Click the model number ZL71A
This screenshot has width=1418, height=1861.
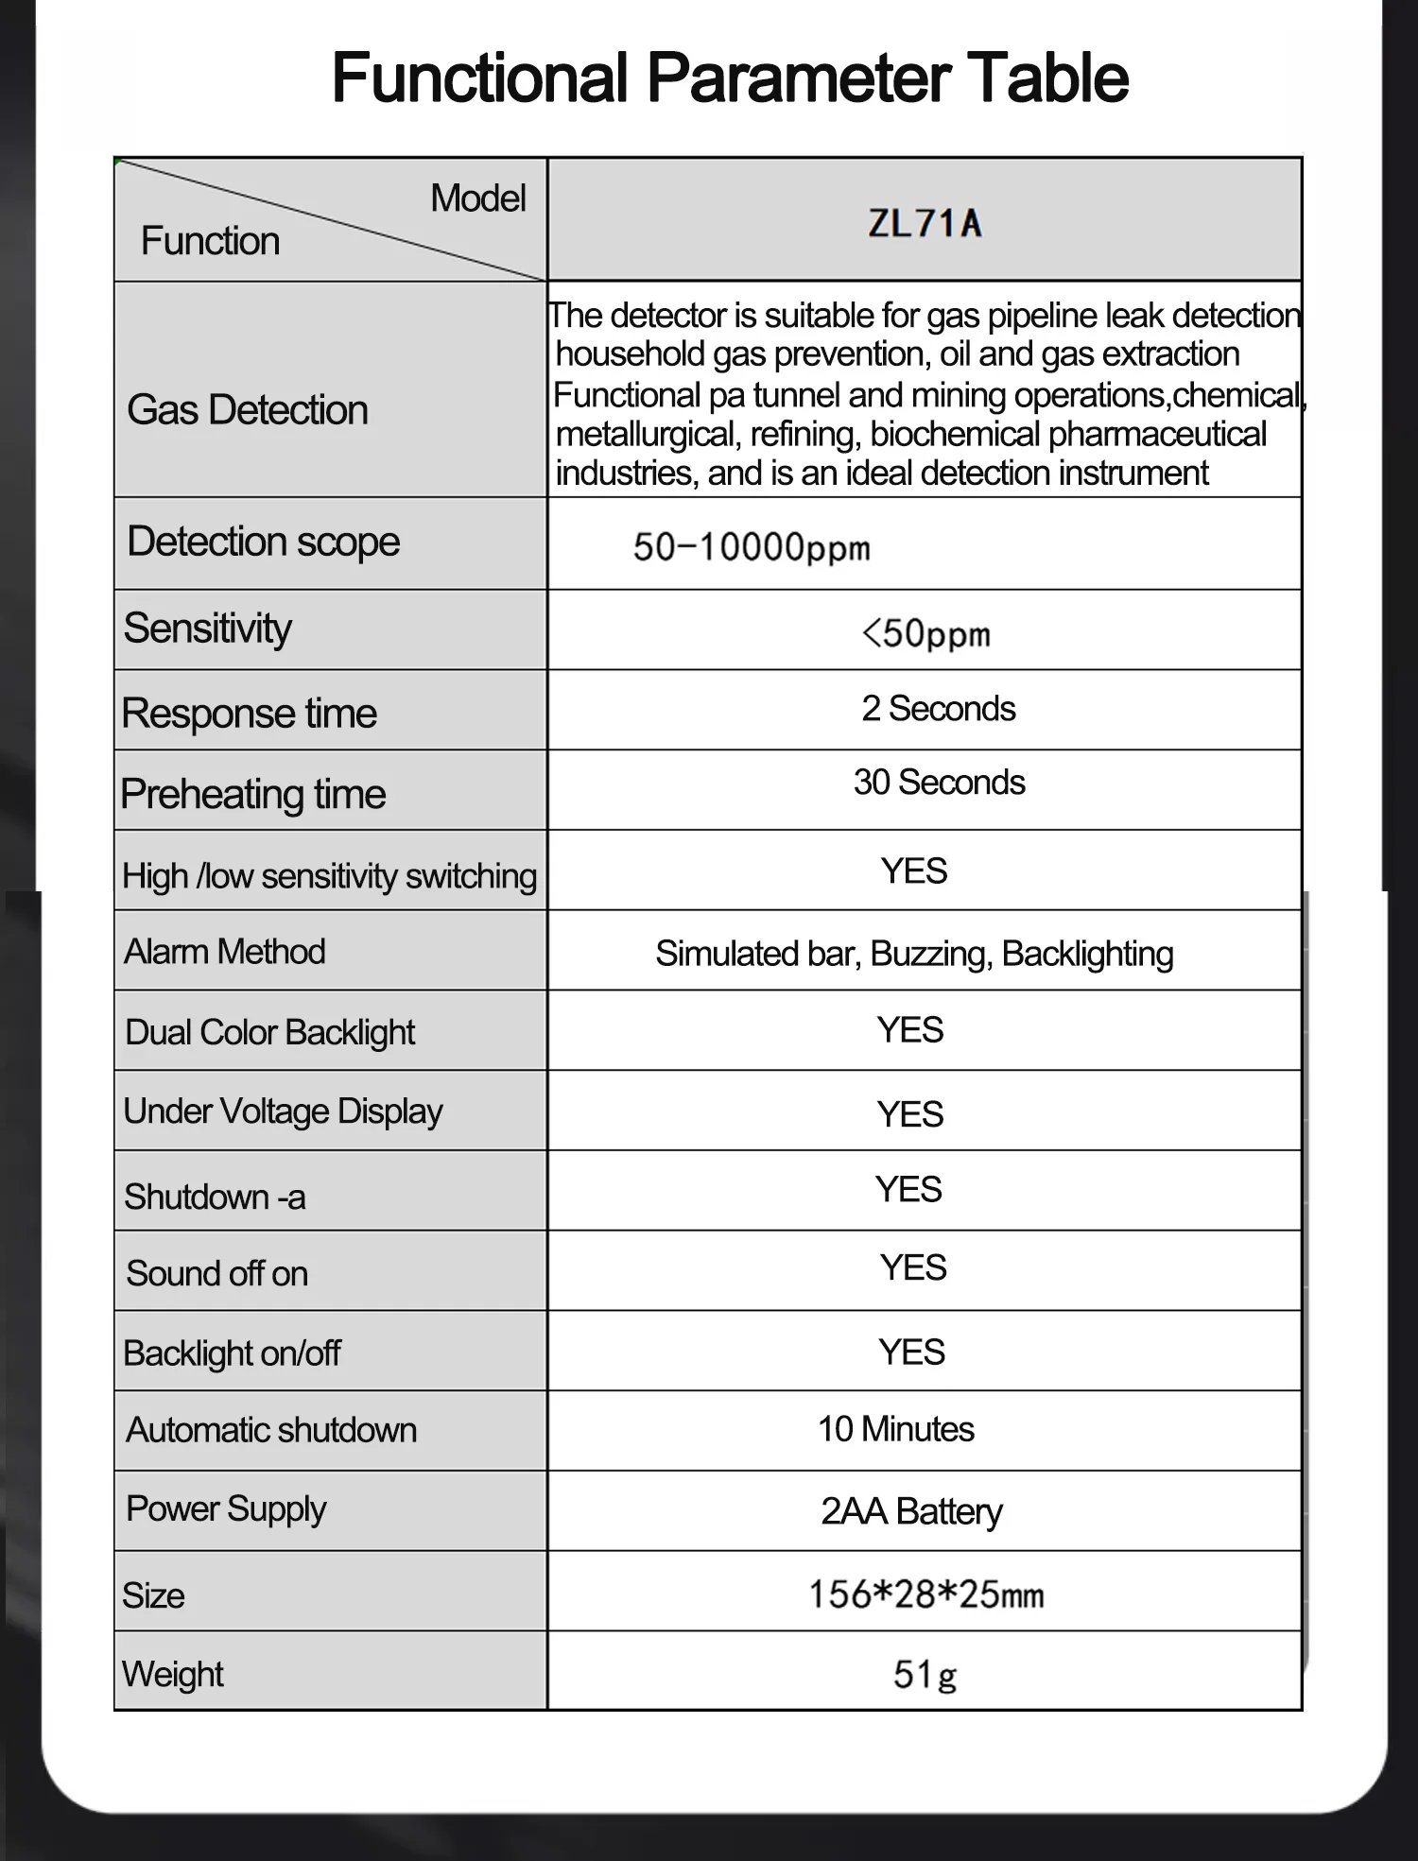click(925, 223)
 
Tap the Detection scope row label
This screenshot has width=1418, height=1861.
click(263, 542)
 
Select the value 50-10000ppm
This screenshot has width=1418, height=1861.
click(752, 547)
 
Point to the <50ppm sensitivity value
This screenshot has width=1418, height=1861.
click(925, 633)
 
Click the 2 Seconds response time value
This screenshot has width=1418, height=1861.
click(938, 709)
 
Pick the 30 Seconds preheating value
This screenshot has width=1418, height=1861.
click(939, 783)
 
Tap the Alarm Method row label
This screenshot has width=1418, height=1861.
click(225, 952)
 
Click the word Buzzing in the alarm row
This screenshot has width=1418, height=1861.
click(931, 955)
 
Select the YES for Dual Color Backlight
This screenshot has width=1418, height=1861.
click(910, 1030)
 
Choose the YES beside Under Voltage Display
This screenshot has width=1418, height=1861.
click(910, 1114)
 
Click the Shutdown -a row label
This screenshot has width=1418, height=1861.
click(215, 1198)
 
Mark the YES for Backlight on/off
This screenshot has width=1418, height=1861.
click(911, 1353)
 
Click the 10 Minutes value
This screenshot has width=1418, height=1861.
click(895, 1430)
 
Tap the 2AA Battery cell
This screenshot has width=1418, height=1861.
click(911, 1511)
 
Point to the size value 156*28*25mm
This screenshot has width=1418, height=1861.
click(925, 1594)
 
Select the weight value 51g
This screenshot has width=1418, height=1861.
click(925, 1675)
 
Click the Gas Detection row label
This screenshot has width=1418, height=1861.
click(248, 410)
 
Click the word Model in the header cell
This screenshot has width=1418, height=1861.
click(477, 198)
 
